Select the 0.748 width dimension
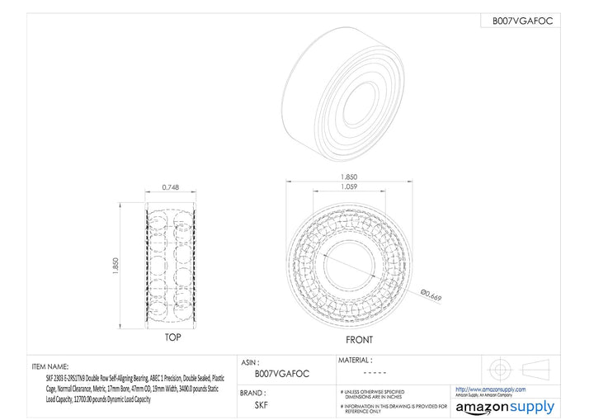pos(172,186)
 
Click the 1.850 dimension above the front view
pos(350,177)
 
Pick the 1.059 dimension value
pos(350,187)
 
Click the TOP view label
pos(172,337)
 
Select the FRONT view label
pos(359,340)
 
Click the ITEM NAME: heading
pos(49,366)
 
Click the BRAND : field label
pos(257,392)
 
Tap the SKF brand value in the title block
pos(261,405)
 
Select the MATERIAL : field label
pos(356,361)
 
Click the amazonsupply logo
pos(505,407)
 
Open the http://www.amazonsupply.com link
pos(490,389)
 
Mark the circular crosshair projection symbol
pos(500,368)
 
